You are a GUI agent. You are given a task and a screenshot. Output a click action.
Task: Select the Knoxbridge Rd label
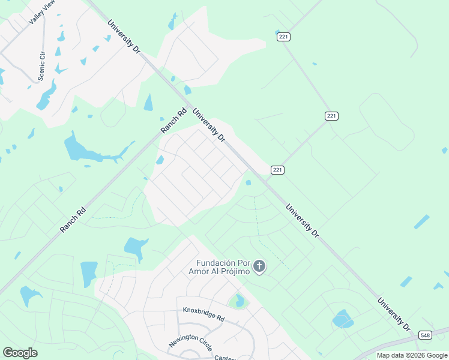coord(203,314)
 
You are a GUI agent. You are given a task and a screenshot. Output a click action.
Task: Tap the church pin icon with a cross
coord(259,266)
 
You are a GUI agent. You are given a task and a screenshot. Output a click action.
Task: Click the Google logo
coord(20,352)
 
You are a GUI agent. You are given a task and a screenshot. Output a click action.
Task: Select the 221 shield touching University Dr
coord(277,170)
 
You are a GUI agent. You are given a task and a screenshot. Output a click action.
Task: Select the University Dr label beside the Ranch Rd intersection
coord(209,125)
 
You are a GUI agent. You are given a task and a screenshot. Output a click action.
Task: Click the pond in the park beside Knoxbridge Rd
coord(240,300)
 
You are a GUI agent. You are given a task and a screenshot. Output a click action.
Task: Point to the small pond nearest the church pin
coord(248,182)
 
